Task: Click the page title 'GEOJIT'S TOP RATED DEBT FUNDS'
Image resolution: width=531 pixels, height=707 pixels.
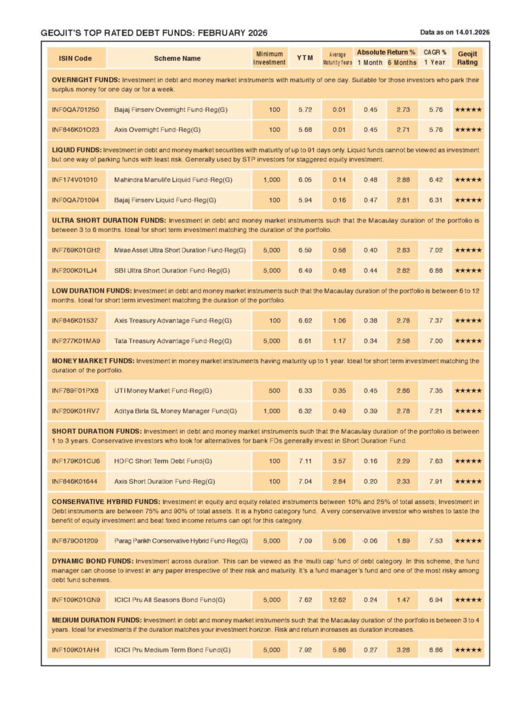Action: (x=153, y=33)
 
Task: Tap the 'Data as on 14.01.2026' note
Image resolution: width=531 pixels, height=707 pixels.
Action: (x=454, y=32)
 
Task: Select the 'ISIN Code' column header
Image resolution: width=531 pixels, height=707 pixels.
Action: (x=75, y=59)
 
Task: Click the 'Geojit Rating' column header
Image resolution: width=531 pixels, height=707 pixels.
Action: (x=467, y=58)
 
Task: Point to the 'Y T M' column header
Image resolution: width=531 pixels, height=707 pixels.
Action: (x=304, y=59)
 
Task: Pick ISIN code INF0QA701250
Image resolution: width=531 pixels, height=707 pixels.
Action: (x=75, y=110)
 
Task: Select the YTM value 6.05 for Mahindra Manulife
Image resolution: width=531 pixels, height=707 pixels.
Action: (x=304, y=180)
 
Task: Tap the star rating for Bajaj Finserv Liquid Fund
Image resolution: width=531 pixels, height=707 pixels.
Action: (x=467, y=200)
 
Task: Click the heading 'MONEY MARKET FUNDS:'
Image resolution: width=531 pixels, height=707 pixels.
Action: (x=93, y=361)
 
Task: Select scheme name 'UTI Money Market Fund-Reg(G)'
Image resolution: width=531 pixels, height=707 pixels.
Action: (x=162, y=391)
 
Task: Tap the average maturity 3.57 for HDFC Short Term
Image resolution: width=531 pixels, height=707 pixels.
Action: (x=337, y=461)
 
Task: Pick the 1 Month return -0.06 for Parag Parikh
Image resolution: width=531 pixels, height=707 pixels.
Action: (x=370, y=541)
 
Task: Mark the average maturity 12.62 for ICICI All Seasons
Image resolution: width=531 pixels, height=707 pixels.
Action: (x=337, y=600)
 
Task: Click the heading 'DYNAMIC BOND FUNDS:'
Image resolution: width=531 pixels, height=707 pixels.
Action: (x=93, y=561)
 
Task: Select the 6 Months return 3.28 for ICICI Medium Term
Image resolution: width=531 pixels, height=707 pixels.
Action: (x=402, y=650)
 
